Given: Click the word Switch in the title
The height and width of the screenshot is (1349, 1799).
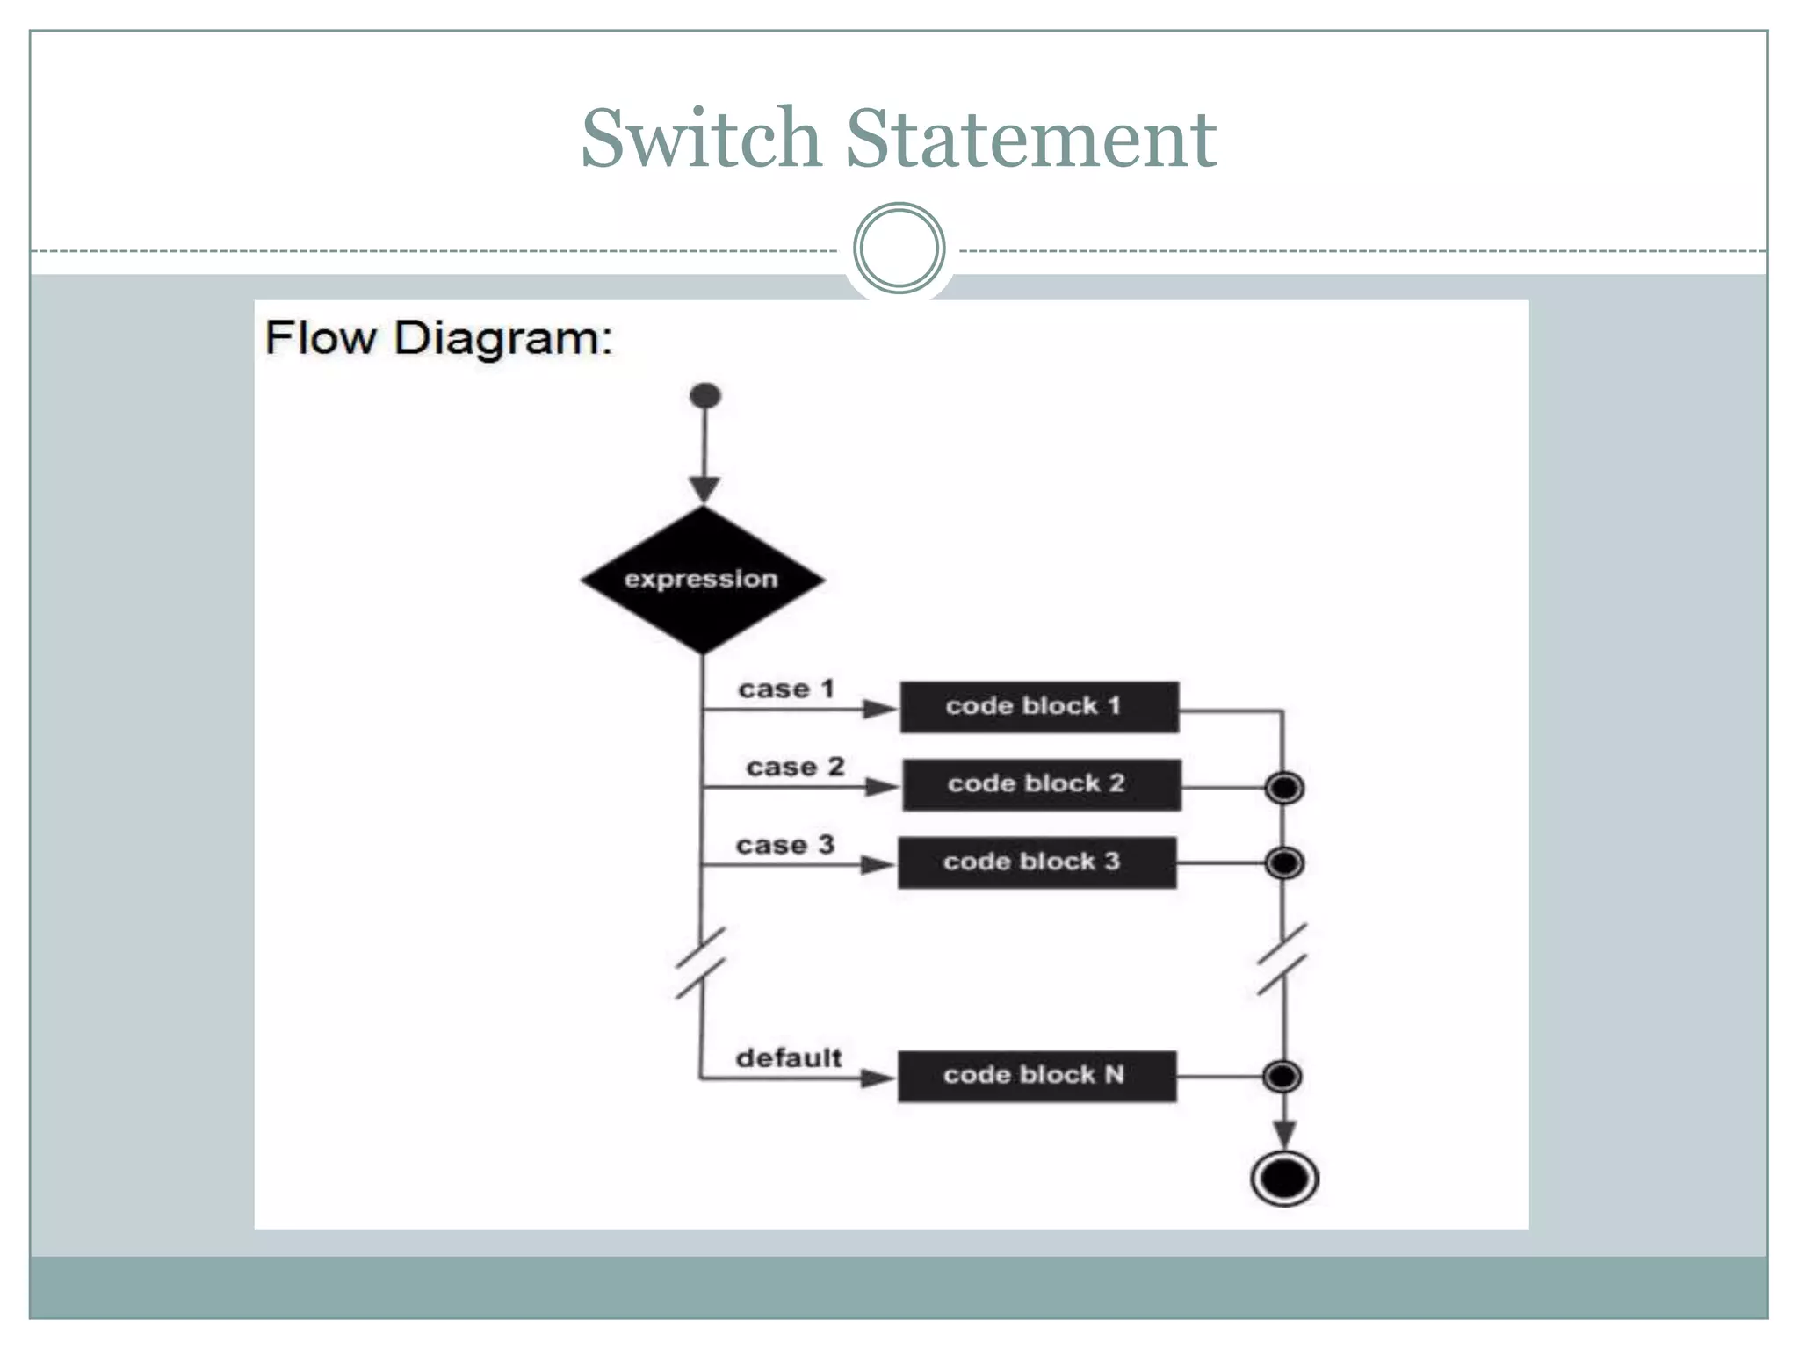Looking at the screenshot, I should click(x=700, y=139).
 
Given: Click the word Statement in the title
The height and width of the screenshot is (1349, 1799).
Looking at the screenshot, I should click(x=1030, y=139).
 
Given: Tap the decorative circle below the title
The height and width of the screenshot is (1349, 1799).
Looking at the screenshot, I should click(x=899, y=249).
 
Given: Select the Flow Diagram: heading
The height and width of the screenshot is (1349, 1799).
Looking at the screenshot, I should click(x=438, y=338).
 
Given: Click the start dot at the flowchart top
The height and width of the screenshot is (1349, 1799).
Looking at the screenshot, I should click(x=705, y=396).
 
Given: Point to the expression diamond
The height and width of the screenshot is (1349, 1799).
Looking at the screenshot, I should click(x=702, y=580).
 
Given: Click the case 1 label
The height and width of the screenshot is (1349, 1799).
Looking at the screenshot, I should click(x=785, y=689).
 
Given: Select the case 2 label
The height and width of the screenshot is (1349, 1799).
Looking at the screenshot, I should click(x=795, y=768).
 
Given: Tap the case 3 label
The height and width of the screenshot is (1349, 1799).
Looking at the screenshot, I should click(x=784, y=846).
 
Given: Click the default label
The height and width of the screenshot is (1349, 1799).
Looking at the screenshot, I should click(x=788, y=1058).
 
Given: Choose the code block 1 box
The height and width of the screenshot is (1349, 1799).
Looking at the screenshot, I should click(x=1039, y=707).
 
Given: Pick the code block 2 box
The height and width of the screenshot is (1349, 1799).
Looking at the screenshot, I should click(x=1041, y=784).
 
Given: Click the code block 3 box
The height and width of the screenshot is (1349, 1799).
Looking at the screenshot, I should click(x=1037, y=862).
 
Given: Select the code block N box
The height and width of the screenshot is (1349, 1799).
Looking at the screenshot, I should click(x=1037, y=1076).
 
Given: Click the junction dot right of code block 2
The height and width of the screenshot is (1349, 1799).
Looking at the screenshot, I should click(x=1284, y=788).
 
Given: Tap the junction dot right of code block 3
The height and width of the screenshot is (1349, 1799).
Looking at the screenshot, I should click(x=1284, y=863).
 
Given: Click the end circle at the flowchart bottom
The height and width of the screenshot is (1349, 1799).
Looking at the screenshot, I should click(x=1284, y=1179).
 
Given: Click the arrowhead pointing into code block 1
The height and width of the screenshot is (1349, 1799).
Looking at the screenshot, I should click(x=879, y=709).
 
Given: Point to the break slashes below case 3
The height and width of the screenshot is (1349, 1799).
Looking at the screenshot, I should click(x=700, y=963).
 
